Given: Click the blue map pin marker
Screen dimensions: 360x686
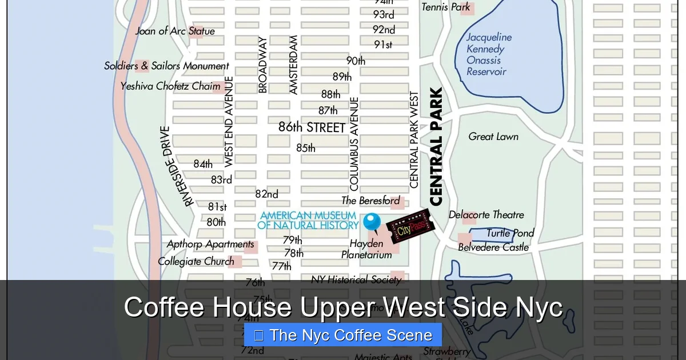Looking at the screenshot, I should point(372,222).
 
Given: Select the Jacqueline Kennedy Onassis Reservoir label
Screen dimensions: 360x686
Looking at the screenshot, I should point(488,54).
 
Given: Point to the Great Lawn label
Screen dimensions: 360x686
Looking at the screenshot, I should point(493,137).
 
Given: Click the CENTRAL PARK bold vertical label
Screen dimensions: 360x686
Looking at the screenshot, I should point(436,147).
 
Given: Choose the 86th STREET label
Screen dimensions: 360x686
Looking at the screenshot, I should point(312,127).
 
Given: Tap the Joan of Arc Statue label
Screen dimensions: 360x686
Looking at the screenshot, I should point(175,31).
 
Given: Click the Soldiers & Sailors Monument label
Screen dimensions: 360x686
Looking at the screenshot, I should point(166,66).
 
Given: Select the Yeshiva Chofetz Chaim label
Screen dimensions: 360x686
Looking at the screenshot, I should point(170,86).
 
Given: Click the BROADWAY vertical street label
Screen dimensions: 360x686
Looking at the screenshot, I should point(262,65).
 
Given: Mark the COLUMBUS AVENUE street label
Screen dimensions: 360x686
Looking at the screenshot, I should point(354,144).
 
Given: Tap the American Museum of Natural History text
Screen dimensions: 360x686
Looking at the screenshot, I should point(309,221).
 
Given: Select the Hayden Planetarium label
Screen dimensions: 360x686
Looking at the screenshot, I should point(366,249).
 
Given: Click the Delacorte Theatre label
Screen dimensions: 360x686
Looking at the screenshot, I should point(486,215).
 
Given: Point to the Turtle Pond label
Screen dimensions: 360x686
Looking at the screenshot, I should point(510,233).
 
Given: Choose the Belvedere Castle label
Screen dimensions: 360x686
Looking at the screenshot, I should point(493,247).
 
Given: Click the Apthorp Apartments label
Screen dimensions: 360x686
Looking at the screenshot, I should point(210,245).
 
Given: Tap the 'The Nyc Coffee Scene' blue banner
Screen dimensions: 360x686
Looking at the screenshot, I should point(343,335).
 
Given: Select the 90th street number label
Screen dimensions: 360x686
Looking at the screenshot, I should point(356,61).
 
